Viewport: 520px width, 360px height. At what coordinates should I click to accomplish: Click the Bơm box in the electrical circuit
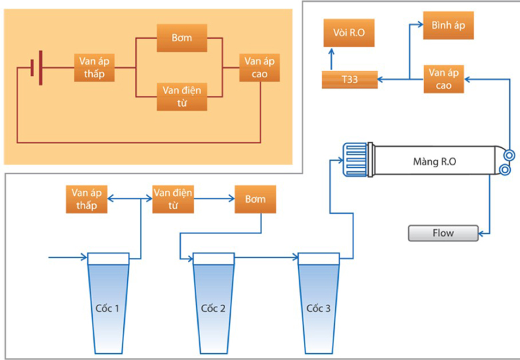point(182,38)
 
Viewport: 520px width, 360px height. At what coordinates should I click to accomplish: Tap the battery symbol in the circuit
point(36,67)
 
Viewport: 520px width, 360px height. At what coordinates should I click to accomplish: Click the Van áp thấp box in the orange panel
point(95,67)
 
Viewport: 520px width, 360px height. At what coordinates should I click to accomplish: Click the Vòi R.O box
point(349,33)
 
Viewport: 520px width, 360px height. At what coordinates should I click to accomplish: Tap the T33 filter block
point(349,79)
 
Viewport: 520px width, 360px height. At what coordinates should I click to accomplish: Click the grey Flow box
point(443,233)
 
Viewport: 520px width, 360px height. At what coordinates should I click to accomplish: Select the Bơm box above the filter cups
point(255,199)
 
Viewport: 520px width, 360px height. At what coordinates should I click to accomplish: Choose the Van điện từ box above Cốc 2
point(173,199)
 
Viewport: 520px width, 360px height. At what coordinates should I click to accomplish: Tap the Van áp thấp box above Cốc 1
point(87,199)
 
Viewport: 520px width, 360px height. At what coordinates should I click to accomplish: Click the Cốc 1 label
point(107,309)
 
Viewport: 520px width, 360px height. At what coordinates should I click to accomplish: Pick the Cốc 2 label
point(213,309)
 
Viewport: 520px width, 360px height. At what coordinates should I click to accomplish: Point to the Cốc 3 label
point(318,309)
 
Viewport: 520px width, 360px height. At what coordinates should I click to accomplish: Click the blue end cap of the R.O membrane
point(355,161)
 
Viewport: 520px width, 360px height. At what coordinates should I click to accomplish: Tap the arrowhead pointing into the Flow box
point(481,233)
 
